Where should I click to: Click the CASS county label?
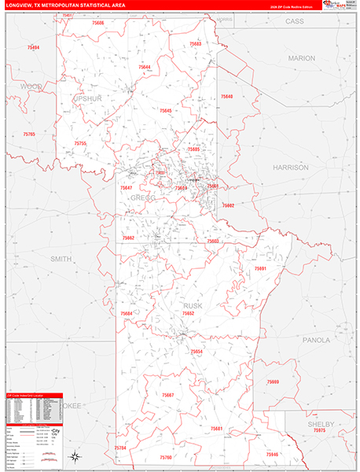(294, 22)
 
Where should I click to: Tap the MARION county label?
(301, 58)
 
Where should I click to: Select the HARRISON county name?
(291, 168)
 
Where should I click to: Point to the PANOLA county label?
(317, 341)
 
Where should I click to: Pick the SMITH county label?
(61, 258)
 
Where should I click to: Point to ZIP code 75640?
(226, 96)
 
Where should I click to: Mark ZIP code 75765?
(29, 135)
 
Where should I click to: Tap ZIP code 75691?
(261, 269)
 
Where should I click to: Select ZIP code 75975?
(318, 431)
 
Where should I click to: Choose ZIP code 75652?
(188, 313)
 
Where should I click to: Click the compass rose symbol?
(73, 457)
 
